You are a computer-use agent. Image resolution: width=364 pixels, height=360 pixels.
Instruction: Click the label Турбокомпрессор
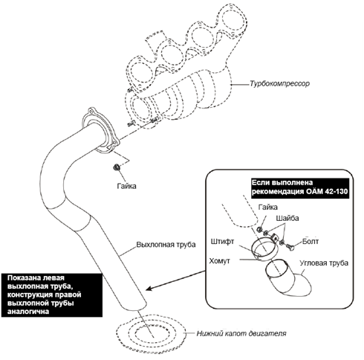tap(279, 84)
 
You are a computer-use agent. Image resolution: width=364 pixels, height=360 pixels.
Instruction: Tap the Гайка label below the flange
tap(126, 186)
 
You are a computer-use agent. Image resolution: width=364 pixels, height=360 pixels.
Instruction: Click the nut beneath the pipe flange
tap(116, 167)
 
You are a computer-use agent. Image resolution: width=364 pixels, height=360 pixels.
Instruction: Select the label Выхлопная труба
tap(166, 245)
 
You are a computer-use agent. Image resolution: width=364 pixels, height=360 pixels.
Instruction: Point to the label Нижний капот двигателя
tap(241, 333)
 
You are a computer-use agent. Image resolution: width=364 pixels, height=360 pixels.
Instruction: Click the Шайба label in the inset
tap(287, 218)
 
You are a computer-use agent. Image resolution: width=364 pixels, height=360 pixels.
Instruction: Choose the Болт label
tap(311, 241)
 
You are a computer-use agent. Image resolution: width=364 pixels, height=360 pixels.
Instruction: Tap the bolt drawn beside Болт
tap(290, 246)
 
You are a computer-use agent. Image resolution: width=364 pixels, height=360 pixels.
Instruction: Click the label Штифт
tap(222, 241)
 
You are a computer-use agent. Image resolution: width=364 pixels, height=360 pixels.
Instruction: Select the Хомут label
tap(220, 261)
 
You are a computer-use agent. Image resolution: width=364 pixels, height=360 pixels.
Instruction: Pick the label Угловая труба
tap(324, 263)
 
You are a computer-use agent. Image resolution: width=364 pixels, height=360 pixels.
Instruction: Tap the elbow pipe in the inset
tap(287, 277)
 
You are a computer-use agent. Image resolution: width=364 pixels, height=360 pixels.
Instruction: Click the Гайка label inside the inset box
tap(267, 207)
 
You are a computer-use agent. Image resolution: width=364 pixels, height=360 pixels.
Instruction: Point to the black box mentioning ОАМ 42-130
tap(300, 188)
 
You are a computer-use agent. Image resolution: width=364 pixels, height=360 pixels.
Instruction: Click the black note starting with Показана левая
tap(52, 295)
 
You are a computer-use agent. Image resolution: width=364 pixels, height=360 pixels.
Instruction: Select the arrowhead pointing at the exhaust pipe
tap(149, 289)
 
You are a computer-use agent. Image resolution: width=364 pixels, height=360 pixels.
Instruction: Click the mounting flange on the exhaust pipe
tap(101, 130)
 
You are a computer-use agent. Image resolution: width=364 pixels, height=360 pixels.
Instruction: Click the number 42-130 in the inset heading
tap(335, 192)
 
